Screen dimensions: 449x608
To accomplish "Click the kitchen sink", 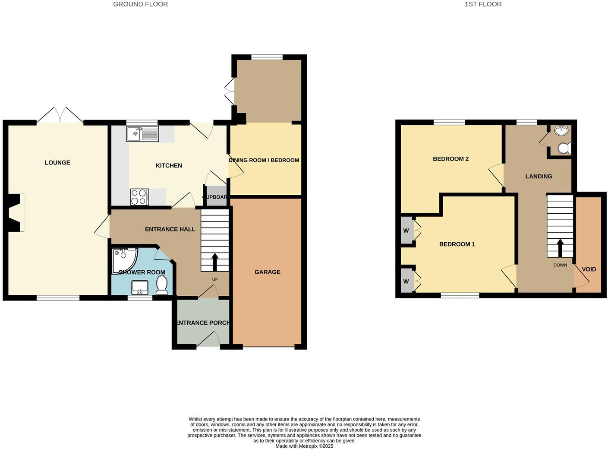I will click(142, 133).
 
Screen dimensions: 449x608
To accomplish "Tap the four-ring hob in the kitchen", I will click(139, 197).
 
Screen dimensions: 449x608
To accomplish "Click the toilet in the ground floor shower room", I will click(162, 285).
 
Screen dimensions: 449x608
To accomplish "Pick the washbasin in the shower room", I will click(140, 287).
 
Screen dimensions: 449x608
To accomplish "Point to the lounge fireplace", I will click(15, 213).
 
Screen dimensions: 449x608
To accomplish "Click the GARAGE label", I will click(267, 272).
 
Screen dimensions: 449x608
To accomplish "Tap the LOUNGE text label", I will click(57, 163).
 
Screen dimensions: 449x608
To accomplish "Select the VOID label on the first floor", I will click(589, 269).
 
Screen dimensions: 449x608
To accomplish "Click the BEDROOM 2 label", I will click(450, 159).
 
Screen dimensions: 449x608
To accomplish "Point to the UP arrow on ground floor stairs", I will click(214, 262).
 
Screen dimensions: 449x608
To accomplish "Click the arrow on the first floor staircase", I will click(560, 248).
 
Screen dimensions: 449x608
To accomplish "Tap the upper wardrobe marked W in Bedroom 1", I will click(406, 231).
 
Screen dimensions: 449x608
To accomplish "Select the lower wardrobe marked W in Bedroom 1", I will click(406, 281).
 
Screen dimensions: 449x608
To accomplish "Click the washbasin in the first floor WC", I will click(561, 130).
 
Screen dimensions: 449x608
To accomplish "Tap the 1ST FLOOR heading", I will click(483, 4).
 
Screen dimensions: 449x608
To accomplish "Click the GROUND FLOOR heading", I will click(140, 4).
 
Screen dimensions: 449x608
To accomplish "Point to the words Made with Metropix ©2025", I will click(304, 446).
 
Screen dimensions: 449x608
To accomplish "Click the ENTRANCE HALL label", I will click(170, 229).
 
